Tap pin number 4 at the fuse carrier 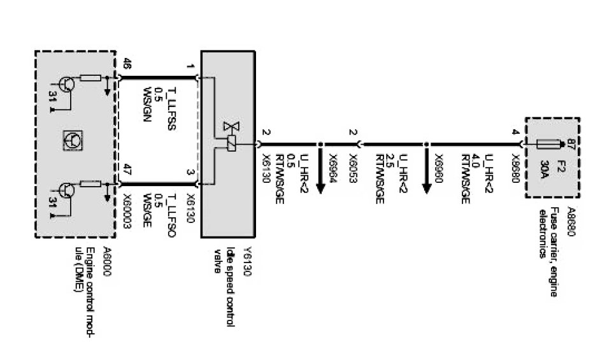[x=515, y=132]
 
